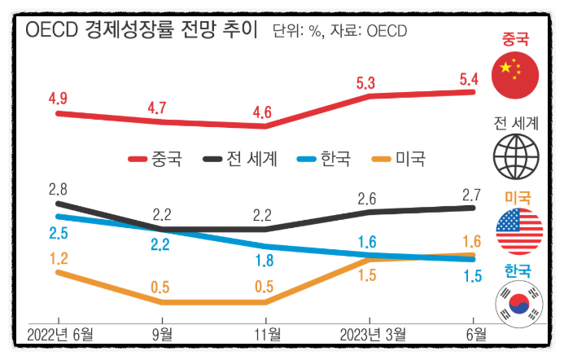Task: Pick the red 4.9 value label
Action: (x=58, y=99)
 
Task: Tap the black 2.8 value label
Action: (x=58, y=191)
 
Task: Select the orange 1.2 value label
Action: (x=58, y=257)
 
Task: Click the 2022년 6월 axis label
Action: (x=59, y=334)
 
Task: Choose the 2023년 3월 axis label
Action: (x=372, y=334)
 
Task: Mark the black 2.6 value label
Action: (x=366, y=198)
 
